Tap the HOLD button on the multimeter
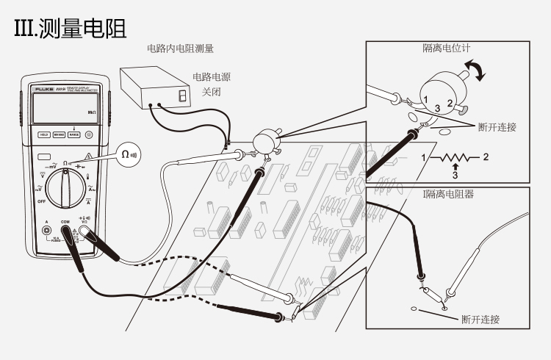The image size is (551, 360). coord(44,134)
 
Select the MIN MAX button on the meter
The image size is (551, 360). coord(60,134)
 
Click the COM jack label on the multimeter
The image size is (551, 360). coord(65,221)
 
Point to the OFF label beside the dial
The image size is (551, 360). coord(42,201)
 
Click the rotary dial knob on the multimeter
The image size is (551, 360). coord(67,184)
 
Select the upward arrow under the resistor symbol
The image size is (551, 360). coord(455,168)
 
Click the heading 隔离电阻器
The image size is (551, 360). coord(448,195)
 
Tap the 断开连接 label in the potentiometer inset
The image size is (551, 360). coord(497,127)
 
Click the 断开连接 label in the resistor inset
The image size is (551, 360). coord(480,319)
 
